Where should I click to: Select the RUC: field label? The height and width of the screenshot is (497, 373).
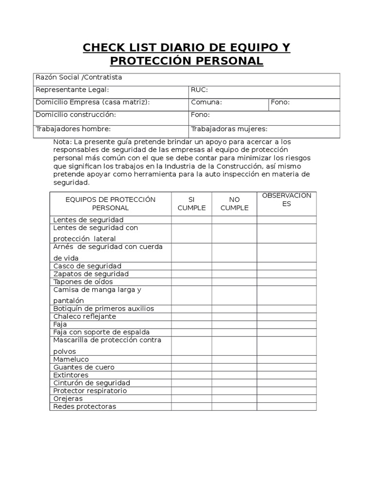pyautogui.click(x=199, y=89)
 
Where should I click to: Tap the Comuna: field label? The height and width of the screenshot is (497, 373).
pyautogui.click(x=206, y=102)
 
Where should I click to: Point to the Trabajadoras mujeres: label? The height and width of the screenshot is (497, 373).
pyautogui.click(x=229, y=129)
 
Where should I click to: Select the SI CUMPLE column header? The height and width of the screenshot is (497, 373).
pyautogui.click(x=191, y=203)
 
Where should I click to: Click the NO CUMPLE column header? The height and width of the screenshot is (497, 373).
pyautogui.click(x=234, y=203)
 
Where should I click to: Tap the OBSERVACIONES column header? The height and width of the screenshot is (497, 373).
pyautogui.click(x=287, y=199)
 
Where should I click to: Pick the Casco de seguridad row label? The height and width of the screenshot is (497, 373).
pyautogui.click(x=87, y=266)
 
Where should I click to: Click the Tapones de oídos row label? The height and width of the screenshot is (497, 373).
pyautogui.click(x=83, y=282)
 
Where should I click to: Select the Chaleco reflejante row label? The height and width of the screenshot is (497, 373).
pyautogui.click(x=85, y=316)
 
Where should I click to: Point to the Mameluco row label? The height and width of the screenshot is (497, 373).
pyautogui.click(x=71, y=360)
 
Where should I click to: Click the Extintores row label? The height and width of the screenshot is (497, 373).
pyautogui.click(x=71, y=375)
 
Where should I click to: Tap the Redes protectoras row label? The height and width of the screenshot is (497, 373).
pyautogui.click(x=85, y=406)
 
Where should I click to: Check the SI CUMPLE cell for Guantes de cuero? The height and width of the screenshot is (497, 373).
pyautogui.click(x=191, y=367)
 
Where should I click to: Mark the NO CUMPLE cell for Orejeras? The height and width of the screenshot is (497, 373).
pyautogui.click(x=234, y=398)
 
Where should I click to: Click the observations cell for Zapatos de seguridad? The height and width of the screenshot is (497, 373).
pyautogui.click(x=287, y=274)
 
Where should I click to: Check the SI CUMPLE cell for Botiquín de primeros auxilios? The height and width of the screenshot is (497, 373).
pyautogui.click(x=191, y=309)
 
